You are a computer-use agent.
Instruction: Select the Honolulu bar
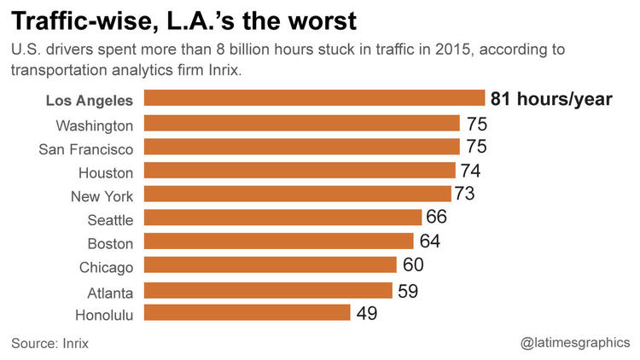pyautogui.click(x=247, y=313)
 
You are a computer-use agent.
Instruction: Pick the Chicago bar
pyautogui.click(x=271, y=265)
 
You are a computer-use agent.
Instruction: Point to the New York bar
pyautogui.click(x=298, y=195)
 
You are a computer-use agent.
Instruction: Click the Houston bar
pyautogui.click(x=300, y=171)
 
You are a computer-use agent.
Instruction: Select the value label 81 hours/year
pyautogui.click(x=551, y=99)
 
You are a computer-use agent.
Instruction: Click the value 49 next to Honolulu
pyautogui.click(x=367, y=313)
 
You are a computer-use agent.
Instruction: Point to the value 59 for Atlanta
pyautogui.click(x=407, y=289)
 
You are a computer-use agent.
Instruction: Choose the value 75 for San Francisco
pyautogui.click(x=475, y=147)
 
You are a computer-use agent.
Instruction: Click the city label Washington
pyautogui.click(x=95, y=125)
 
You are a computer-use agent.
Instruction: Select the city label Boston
pyautogui.click(x=111, y=244)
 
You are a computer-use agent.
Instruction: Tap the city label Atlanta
pyautogui.click(x=110, y=292)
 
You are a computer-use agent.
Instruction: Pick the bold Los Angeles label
pyautogui.click(x=89, y=101)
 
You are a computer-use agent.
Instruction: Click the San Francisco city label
pyautogui.click(x=86, y=149)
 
